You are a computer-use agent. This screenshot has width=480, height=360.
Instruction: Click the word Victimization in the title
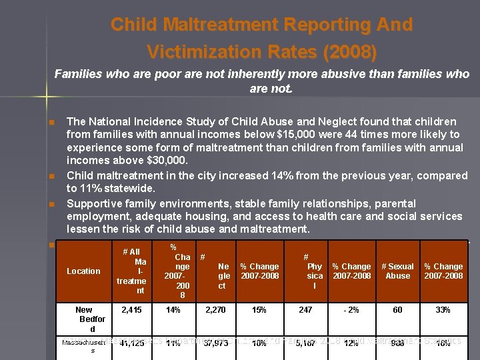point(200,51)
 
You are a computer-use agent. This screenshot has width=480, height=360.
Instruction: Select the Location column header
point(83,271)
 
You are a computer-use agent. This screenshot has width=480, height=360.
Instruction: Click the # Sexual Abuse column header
point(397,271)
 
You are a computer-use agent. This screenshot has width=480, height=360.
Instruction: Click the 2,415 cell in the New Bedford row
point(131,310)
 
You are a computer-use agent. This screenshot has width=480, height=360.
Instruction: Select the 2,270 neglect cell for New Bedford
point(216,310)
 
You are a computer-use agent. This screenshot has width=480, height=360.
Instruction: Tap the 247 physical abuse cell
point(305,310)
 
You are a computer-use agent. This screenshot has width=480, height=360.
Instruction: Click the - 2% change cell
point(351,310)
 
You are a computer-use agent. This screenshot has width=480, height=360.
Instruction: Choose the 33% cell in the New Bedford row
point(443,310)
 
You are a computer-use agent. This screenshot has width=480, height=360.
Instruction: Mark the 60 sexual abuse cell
point(397,310)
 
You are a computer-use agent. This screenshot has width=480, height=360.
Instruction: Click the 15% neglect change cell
point(259,310)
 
